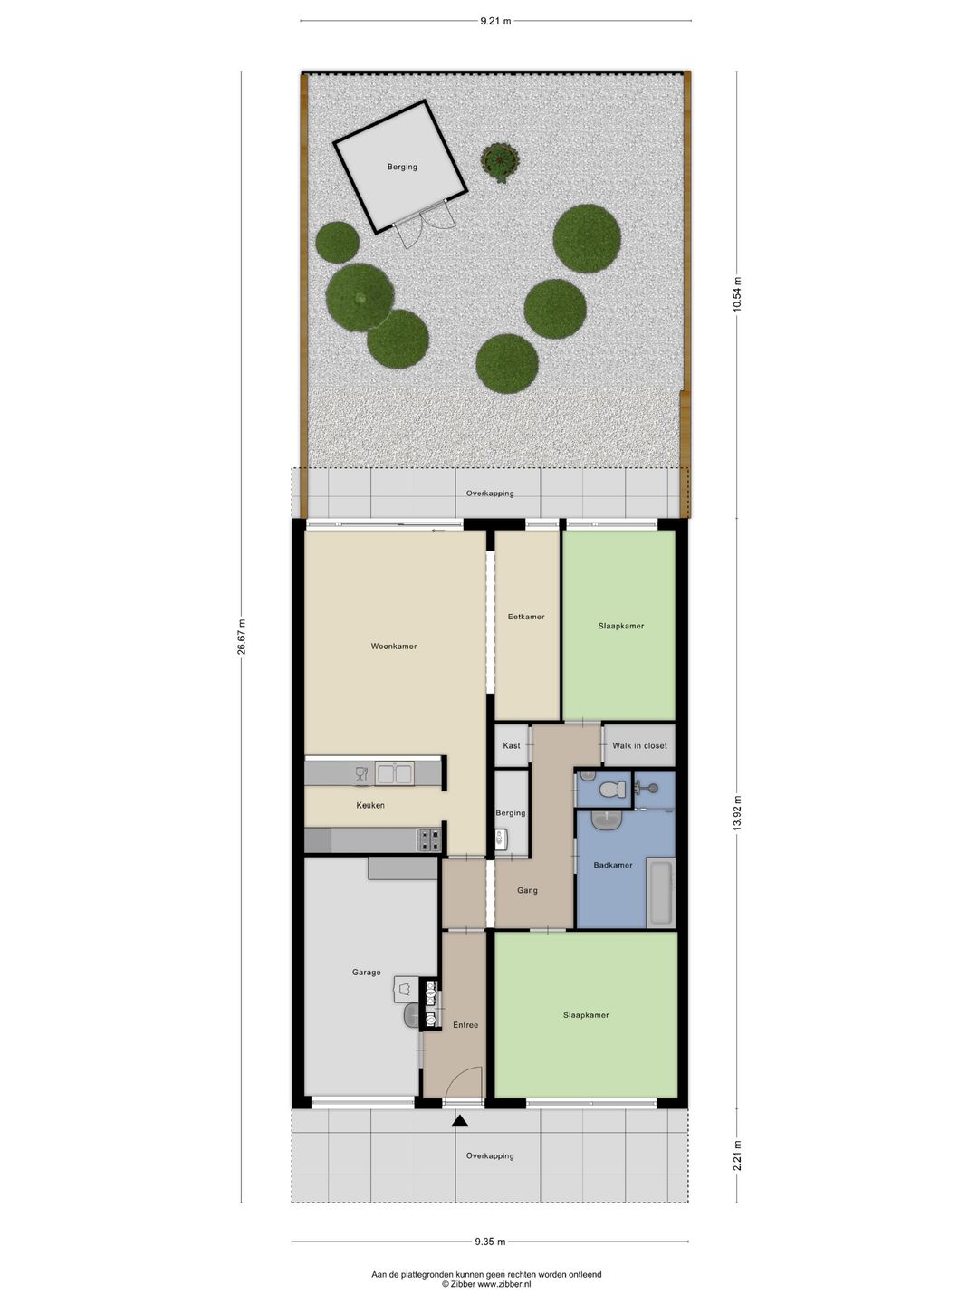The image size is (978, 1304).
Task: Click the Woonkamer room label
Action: [x=394, y=647]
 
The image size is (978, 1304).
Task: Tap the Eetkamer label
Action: [x=526, y=617]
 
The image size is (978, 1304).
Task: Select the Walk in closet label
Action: [x=639, y=745]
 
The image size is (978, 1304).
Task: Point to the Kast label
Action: [x=512, y=745]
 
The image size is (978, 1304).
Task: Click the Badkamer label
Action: [x=613, y=865]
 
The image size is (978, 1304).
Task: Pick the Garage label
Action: [x=367, y=973]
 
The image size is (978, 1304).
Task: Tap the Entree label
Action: [x=465, y=1025]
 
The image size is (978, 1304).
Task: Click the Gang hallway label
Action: [x=527, y=890]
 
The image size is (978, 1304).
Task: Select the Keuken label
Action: [x=370, y=806]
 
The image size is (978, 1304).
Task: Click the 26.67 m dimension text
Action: [x=241, y=637]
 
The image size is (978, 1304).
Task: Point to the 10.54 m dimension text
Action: [x=737, y=294]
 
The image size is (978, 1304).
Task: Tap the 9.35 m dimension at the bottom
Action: [x=490, y=1241]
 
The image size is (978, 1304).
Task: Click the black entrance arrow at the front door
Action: [x=460, y=1120]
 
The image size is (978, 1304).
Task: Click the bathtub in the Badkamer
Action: [x=660, y=892]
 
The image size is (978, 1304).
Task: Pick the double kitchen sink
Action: [x=393, y=774]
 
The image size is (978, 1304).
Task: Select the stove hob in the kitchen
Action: [x=430, y=840]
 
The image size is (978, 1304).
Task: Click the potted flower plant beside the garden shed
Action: [x=500, y=160]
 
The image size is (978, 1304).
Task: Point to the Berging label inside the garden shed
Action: [x=402, y=167]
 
